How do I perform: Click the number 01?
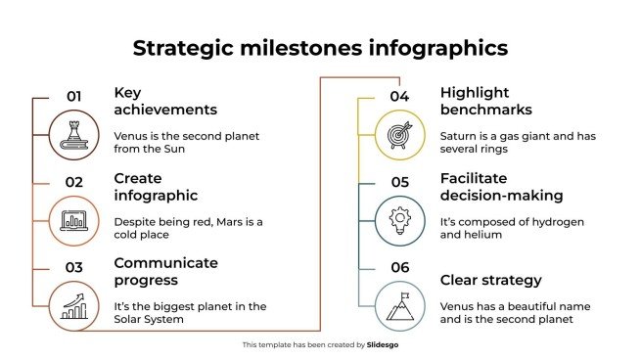[73, 97]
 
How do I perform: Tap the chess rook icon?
[73, 135]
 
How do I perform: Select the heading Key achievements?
[165, 101]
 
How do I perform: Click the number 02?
[73, 181]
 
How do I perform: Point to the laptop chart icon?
[73, 220]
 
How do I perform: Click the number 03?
[73, 266]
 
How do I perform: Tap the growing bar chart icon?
[73, 305]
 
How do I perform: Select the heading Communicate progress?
[165, 271]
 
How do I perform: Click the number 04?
[399, 97]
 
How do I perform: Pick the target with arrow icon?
[399, 135]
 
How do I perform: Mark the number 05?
[399, 181]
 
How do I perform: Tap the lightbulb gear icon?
[399, 220]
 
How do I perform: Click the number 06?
[399, 266]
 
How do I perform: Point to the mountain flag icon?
[399, 305]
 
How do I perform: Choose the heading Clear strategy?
[490, 280]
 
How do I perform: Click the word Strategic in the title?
[182, 48]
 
